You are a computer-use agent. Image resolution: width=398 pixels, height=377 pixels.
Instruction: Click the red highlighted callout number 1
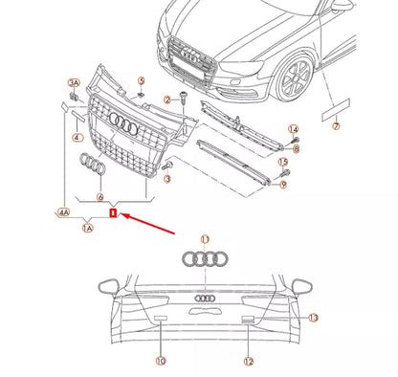click(113, 213)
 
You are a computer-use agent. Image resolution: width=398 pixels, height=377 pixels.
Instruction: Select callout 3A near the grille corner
click(75, 84)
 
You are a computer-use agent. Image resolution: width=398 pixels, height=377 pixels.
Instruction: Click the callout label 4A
click(64, 213)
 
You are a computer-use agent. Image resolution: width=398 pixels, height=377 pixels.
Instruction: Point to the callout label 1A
click(87, 229)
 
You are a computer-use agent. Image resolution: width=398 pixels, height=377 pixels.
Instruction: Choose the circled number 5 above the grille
click(141, 81)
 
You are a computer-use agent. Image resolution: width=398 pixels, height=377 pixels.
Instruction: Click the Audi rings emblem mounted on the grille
click(124, 122)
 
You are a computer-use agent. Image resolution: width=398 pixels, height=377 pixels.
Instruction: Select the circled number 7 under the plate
click(335, 126)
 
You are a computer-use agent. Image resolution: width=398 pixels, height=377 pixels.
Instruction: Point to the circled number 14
click(294, 129)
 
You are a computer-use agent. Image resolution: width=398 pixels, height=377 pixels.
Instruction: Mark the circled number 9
click(282, 184)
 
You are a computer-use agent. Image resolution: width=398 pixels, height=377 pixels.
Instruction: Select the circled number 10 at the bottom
click(160, 361)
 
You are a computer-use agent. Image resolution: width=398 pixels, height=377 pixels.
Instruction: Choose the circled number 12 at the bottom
click(248, 361)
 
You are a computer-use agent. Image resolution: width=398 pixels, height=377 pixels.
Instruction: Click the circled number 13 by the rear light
click(312, 317)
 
